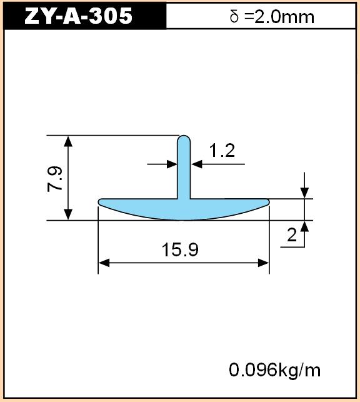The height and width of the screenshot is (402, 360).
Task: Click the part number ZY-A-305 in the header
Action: click(x=78, y=16)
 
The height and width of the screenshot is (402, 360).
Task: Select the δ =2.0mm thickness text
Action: click(x=272, y=17)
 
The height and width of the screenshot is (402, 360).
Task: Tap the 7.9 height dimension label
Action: click(x=55, y=179)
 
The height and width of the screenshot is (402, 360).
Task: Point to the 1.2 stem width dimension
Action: click(x=222, y=150)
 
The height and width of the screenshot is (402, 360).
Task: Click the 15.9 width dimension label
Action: click(x=180, y=250)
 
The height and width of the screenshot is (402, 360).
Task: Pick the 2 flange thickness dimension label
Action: click(x=292, y=234)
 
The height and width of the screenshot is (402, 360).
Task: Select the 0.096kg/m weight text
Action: click(x=274, y=370)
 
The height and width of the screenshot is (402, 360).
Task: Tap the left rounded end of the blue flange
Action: click(x=100, y=201)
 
